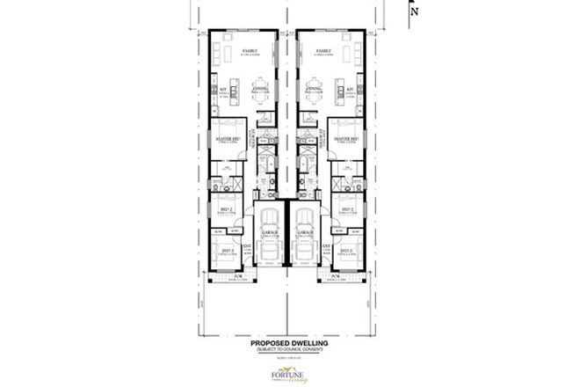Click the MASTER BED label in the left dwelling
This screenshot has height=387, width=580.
223,138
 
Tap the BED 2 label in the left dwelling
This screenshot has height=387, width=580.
225,209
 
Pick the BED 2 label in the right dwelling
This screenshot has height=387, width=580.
347,209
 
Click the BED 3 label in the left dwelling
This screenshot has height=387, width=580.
226,252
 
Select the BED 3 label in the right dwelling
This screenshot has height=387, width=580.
346,252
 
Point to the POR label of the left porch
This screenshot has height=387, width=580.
236,276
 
